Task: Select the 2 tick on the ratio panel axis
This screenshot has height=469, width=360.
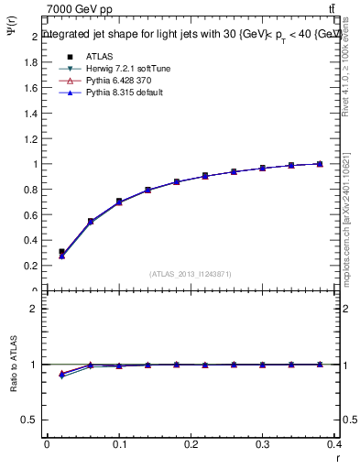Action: click(34, 309)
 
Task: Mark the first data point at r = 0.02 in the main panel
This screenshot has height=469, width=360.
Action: click(61, 252)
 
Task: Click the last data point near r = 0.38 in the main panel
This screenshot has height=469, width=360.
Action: click(320, 164)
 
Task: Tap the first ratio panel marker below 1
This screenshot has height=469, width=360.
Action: click(61, 375)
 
